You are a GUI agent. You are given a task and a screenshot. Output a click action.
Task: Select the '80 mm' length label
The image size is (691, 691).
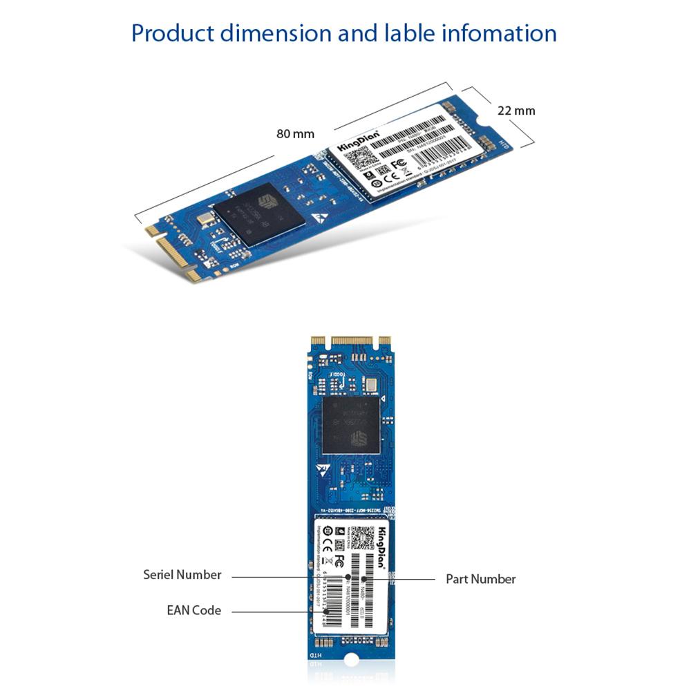[x=295, y=133]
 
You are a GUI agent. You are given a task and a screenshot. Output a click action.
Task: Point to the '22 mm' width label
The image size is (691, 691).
[x=516, y=110]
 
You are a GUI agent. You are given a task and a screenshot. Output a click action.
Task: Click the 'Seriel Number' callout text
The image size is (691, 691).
[x=182, y=575]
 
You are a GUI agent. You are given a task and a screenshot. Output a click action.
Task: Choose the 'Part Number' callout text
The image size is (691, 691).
[x=480, y=579]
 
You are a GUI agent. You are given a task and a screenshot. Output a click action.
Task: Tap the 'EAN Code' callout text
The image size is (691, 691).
[x=194, y=610]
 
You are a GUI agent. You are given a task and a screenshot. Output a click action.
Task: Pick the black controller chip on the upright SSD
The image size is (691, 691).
[x=351, y=424]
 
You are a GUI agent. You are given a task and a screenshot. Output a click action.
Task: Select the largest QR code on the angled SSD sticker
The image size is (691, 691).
[x=361, y=160]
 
